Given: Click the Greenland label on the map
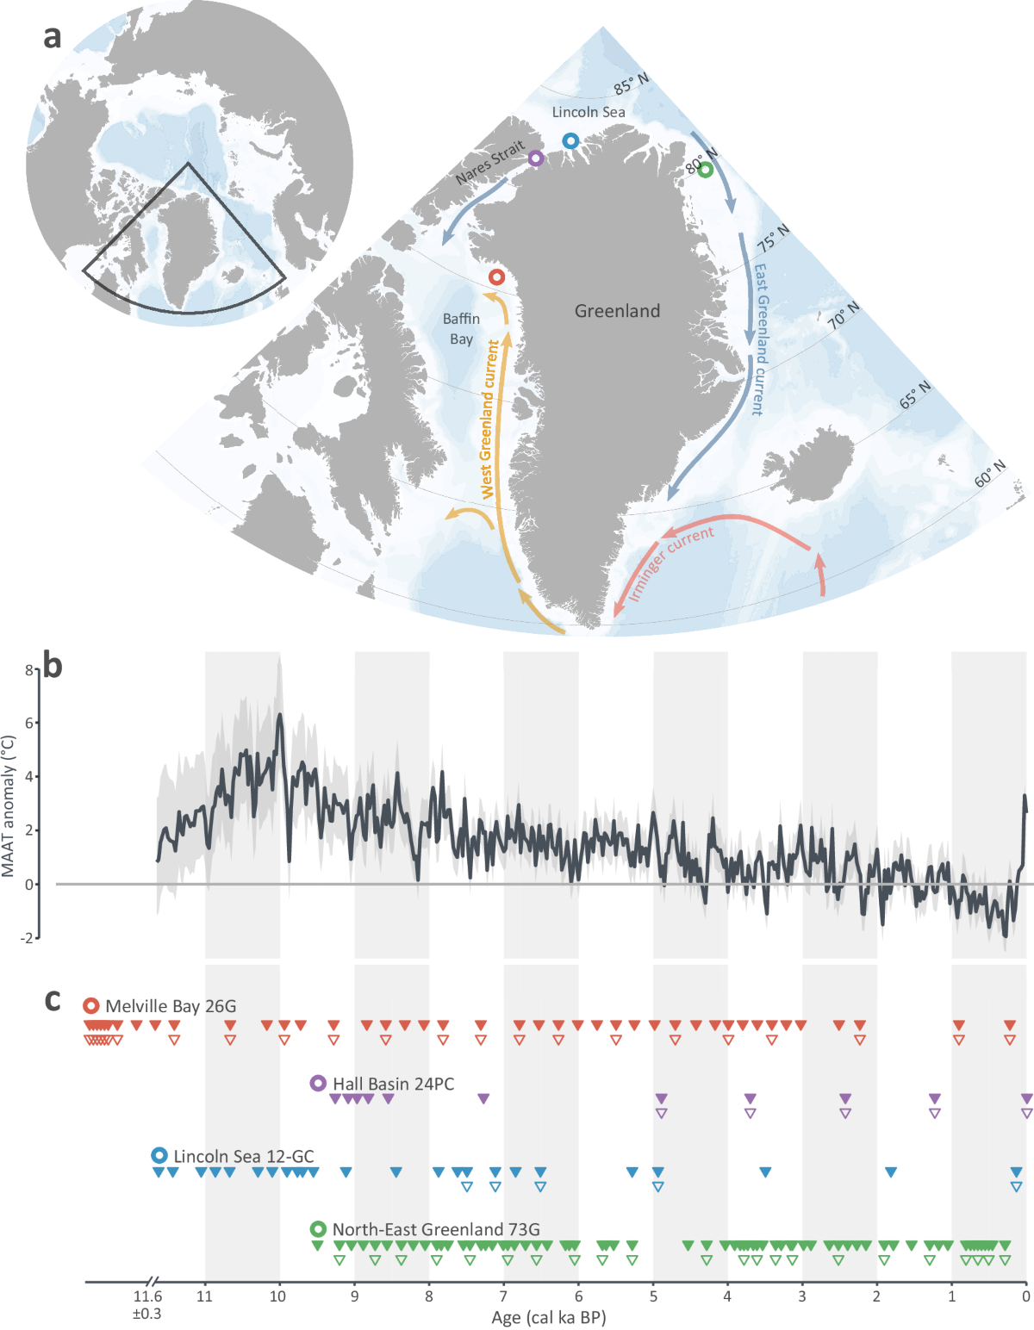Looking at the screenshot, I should tap(617, 311).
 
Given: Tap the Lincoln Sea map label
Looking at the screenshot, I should tap(589, 112).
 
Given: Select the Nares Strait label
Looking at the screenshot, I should tap(489, 163).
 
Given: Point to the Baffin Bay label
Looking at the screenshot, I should tap(461, 329).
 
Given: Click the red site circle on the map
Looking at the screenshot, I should tap(497, 277).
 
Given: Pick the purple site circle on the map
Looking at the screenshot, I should tap(536, 158).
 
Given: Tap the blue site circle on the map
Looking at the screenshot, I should tap(570, 140).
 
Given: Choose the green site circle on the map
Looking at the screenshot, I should tap(706, 170).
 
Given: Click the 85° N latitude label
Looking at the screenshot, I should tap(632, 84).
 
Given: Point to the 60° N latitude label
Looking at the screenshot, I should tap(990, 474).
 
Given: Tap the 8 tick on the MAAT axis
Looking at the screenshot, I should tap(28, 669).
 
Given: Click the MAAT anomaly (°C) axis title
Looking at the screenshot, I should tap(9, 806).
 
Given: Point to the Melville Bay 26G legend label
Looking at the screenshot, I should tap(171, 1006).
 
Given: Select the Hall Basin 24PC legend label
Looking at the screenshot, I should tap(393, 1084).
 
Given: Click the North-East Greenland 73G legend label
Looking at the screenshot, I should tap(436, 1229).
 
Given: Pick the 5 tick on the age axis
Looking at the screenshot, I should tap(653, 1296).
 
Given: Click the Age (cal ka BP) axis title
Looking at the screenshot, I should tap(549, 1318).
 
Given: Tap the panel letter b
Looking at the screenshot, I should tap(53, 666).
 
